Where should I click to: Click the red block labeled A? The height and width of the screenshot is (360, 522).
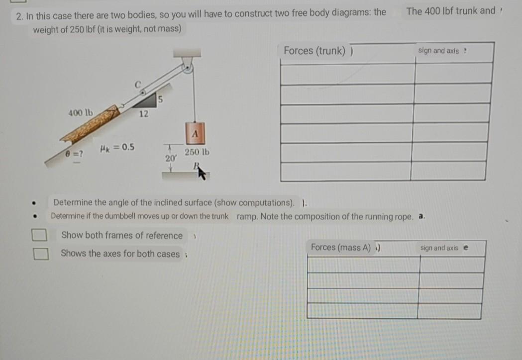coord(195,133)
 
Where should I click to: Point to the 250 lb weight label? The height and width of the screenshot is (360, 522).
coord(197,153)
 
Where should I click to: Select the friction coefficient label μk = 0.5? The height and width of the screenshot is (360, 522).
coord(116,148)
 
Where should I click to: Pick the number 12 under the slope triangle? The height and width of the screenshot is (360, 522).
coord(143,114)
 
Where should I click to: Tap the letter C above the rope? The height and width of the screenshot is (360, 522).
coord(139,83)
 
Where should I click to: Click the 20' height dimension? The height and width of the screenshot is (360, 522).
coord(169,158)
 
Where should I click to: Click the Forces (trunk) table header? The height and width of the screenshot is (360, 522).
coord(314,51)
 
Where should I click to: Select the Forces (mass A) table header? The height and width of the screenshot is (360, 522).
coord(342,247)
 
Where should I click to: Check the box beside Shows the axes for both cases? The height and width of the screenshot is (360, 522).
coord(40,254)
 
